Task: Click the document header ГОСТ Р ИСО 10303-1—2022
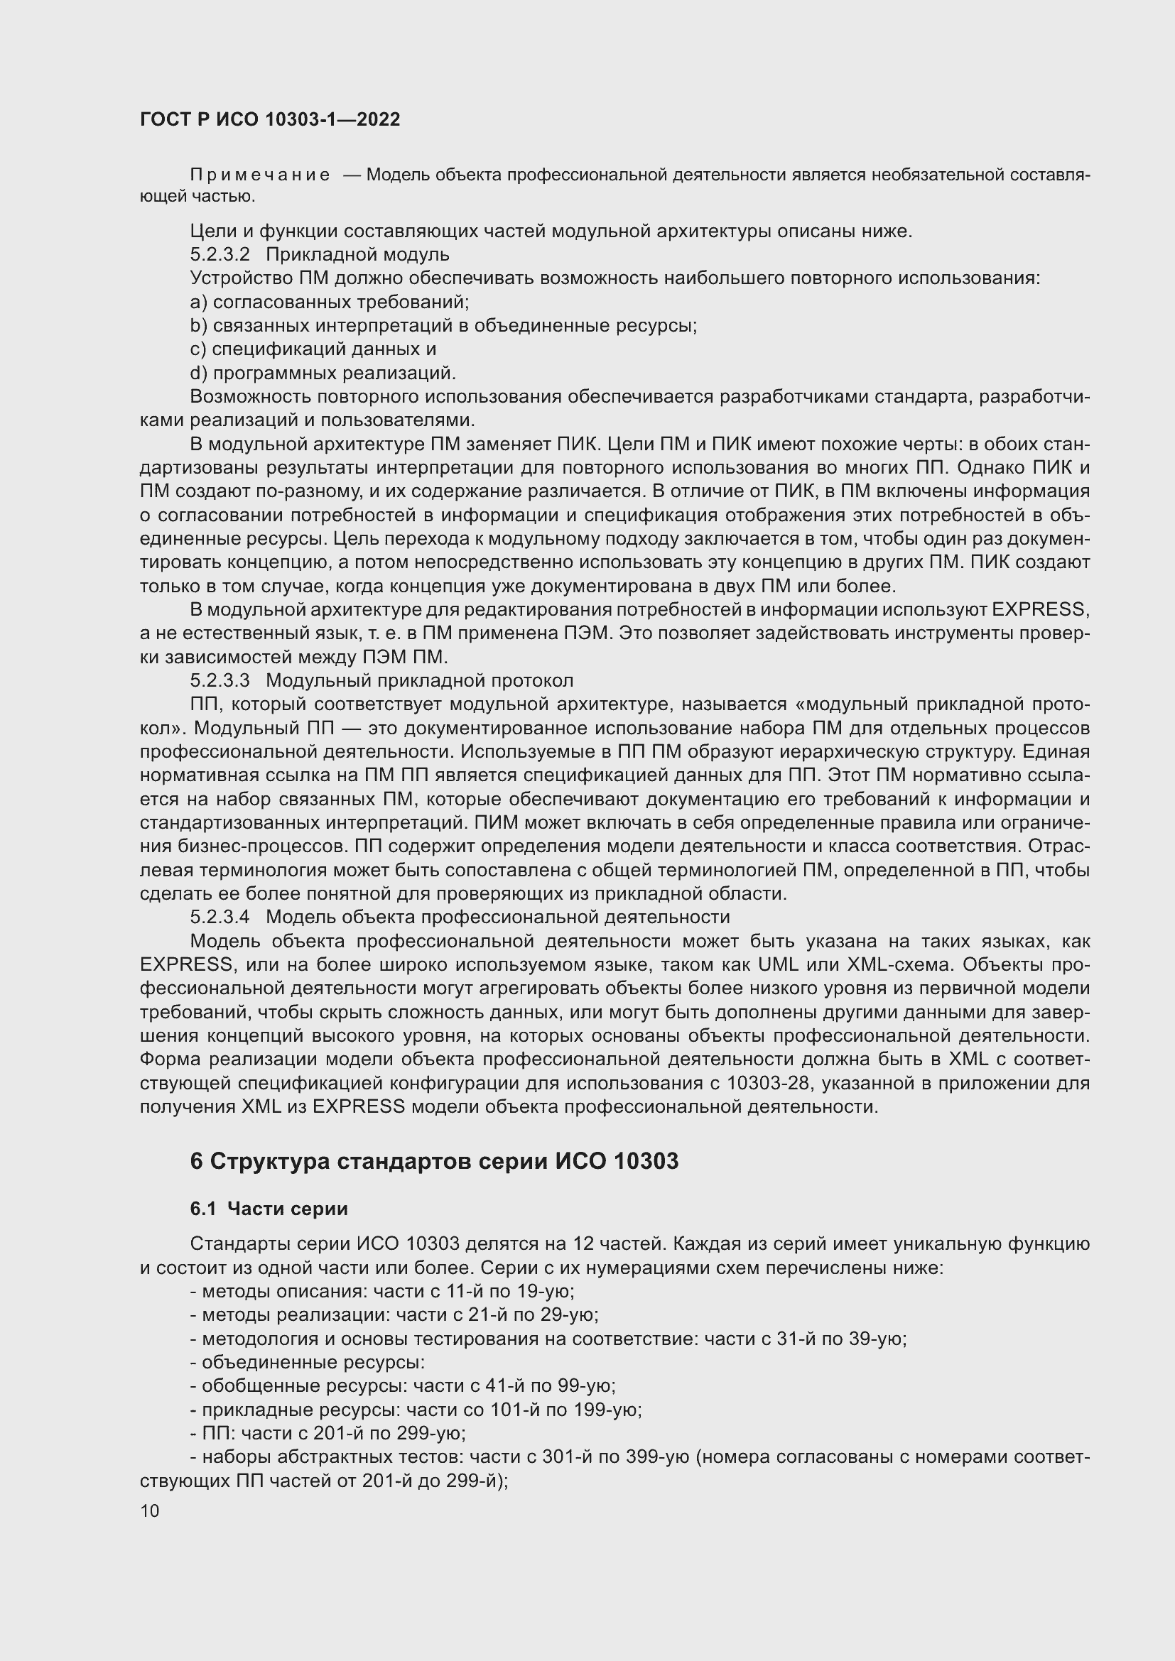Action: (x=270, y=119)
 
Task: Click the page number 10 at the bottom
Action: (x=150, y=1510)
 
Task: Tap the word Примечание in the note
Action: (x=261, y=175)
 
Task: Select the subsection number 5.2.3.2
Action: (x=220, y=255)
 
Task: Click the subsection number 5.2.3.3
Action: (x=220, y=681)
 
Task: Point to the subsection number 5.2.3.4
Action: (x=220, y=917)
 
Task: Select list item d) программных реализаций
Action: (x=323, y=374)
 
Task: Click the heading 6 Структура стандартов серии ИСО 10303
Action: (x=434, y=1161)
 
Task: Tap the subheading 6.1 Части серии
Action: (x=269, y=1209)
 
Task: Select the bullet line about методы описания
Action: (x=382, y=1291)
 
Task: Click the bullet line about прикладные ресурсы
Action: (x=416, y=1410)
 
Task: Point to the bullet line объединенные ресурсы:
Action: (x=308, y=1362)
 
